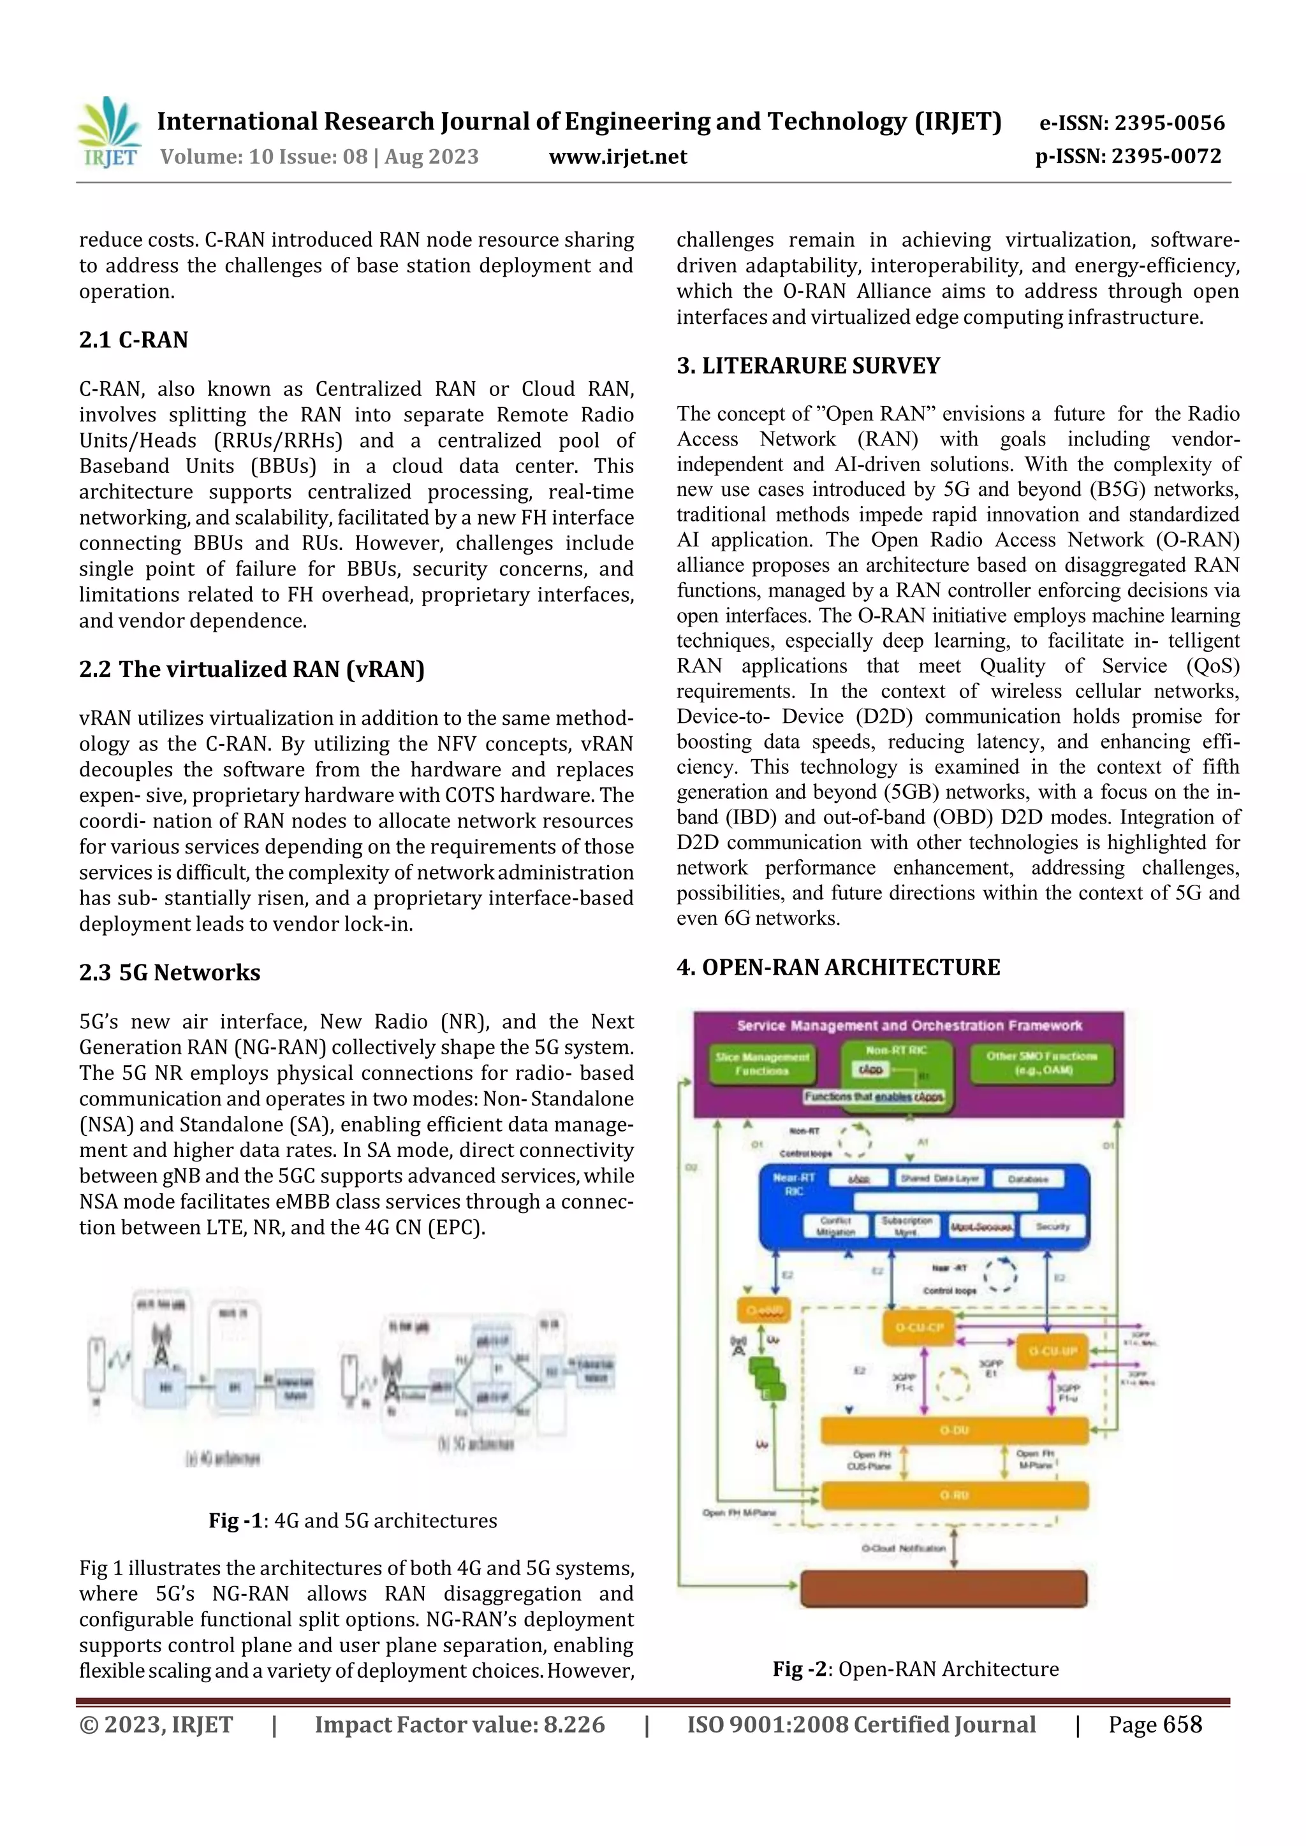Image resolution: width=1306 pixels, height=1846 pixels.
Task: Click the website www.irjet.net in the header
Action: tap(618, 157)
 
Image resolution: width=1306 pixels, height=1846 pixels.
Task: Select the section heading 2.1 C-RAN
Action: tap(133, 340)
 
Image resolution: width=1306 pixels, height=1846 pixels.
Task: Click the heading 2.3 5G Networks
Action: tap(170, 972)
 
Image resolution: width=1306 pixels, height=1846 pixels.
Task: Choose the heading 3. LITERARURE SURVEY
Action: tap(807, 366)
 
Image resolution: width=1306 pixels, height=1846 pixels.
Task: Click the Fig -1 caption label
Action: tap(235, 1520)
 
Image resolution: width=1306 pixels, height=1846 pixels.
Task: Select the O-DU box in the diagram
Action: tap(954, 1430)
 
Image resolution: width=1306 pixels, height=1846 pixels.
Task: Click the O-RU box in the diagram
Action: tap(954, 1495)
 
